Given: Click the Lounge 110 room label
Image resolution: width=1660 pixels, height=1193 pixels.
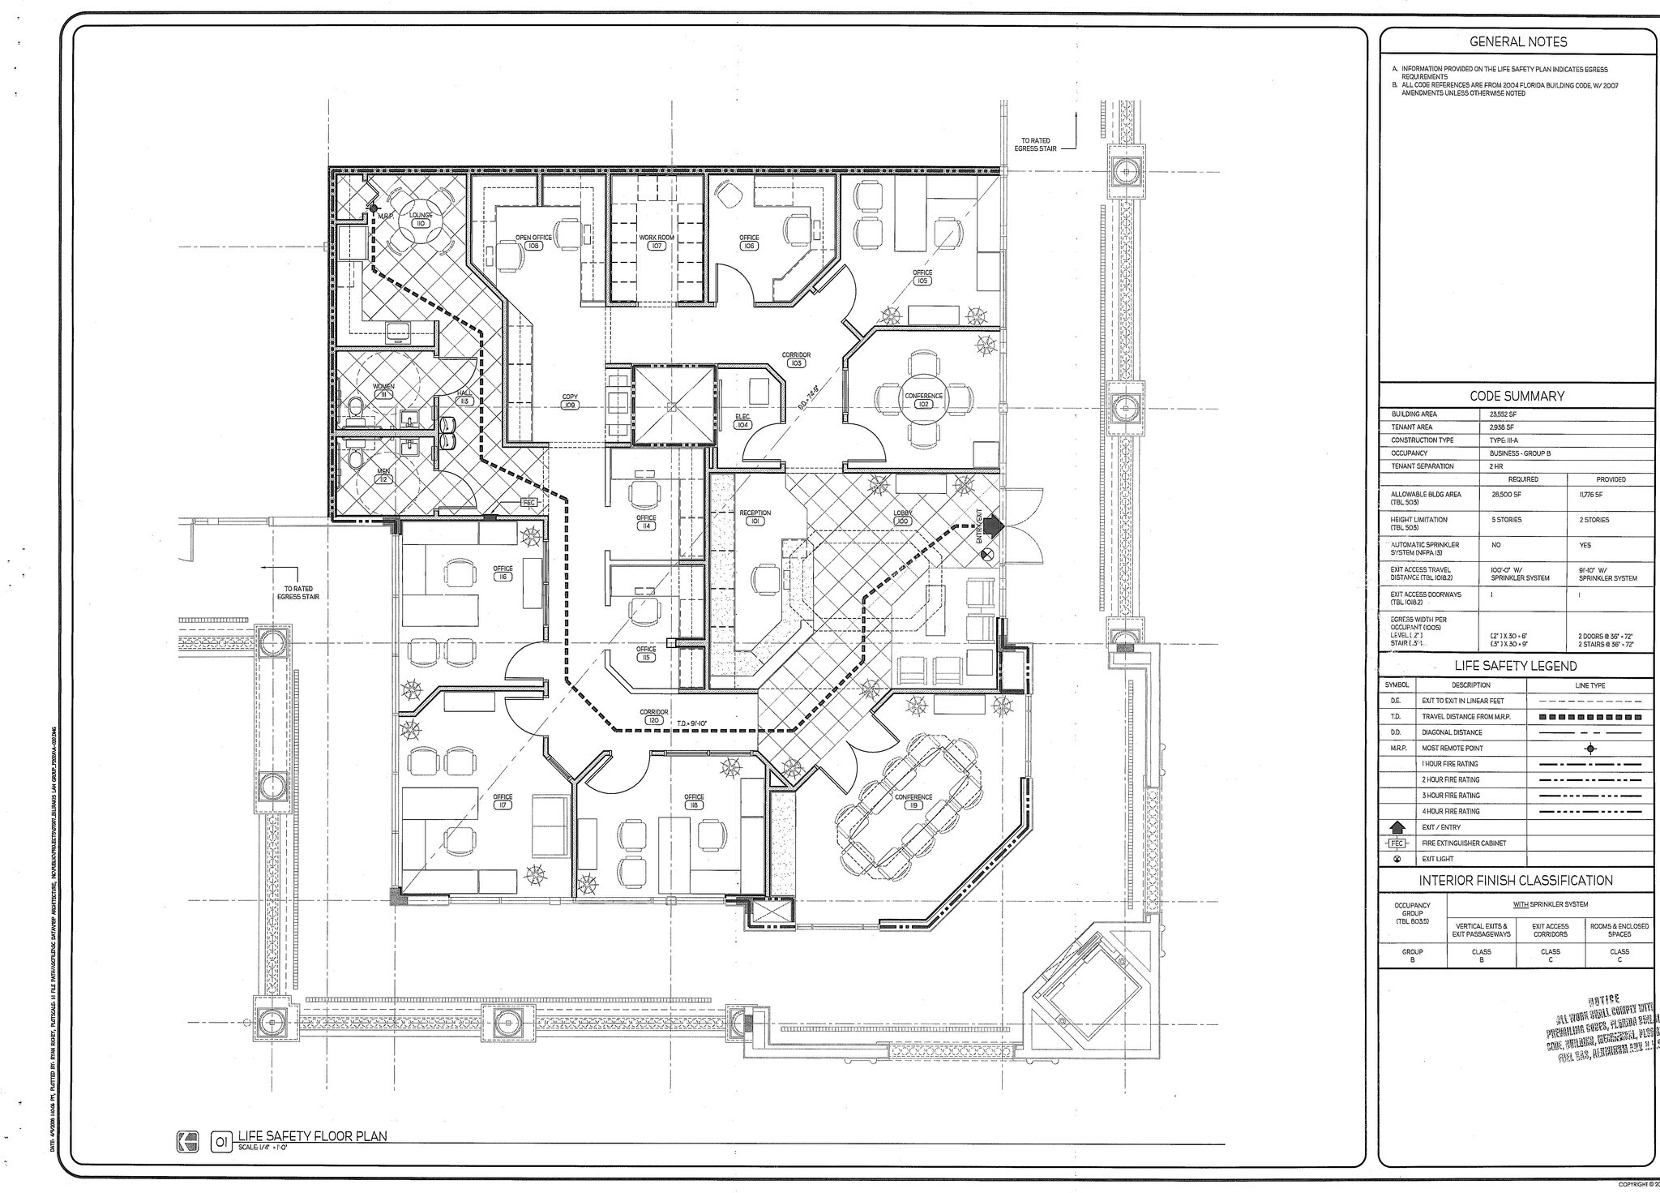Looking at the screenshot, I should tap(421, 219).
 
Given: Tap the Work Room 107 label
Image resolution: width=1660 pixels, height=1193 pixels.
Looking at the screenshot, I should tap(657, 241).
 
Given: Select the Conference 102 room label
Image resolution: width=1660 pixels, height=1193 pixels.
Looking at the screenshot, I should tap(923, 400).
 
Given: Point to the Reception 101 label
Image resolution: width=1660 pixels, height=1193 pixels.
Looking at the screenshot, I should tap(755, 517).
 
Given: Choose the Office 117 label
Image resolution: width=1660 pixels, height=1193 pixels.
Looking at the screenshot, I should tap(503, 801).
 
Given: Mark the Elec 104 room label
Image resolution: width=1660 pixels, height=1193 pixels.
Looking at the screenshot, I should tap(742, 420).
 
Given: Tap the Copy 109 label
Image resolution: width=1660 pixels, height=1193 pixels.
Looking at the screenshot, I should tap(570, 401).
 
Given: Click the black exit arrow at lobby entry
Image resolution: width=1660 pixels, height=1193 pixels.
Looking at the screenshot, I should tap(994, 526).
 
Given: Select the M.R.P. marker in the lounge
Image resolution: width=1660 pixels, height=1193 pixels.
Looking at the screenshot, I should tap(374, 208).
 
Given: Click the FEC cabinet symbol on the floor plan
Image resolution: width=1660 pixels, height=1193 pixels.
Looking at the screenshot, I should tap(528, 503).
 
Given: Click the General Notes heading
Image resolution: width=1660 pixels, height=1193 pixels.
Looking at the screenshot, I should tap(1518, 42).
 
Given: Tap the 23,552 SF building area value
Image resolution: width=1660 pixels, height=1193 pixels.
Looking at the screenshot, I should tap(1503, 414).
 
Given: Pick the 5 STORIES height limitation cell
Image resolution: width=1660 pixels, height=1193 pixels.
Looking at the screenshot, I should tap(1504, 520).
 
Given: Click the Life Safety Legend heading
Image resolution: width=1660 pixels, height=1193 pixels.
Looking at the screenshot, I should tap(1516, 666).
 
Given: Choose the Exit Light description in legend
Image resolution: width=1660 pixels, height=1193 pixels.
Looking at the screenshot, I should tap(1437, 859).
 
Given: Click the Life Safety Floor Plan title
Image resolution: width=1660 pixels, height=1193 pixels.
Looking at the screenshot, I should tap(312, 1136).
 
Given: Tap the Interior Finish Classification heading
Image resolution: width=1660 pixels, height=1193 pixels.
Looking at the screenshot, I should tap(1516, 881).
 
